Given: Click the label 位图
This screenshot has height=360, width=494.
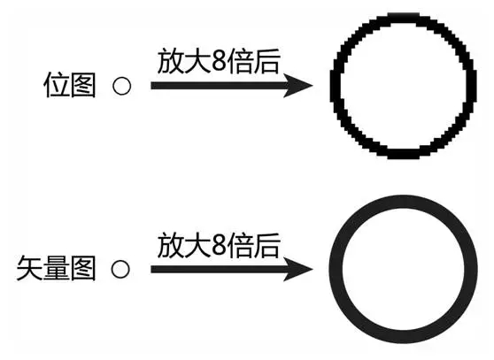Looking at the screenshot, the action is point(69,85).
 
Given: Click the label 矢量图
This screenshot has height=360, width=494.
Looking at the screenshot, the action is point(56,268).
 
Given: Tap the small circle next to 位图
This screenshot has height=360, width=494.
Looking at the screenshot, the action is point(121,86).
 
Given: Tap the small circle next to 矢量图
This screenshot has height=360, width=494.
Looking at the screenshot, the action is point(120,269).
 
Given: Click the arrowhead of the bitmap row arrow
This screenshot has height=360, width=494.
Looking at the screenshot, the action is point(297,85).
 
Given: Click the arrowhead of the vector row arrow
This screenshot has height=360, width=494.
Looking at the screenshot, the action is point(297,269).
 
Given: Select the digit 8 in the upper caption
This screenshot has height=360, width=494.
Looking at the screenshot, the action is point(219,61).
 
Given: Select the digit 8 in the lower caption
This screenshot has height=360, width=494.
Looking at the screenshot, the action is point(219,245).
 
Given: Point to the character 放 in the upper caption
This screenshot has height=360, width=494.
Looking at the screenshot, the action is point(170,61).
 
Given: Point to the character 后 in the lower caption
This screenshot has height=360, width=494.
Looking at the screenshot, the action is point(267,245).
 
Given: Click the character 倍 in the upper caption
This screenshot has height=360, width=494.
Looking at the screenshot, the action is point(240,61).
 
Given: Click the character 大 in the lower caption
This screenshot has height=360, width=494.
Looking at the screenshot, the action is point(197,245).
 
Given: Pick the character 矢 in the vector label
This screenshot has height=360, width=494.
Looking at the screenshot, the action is point(29,268).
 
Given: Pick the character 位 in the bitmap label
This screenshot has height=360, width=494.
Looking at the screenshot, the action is point(56,85).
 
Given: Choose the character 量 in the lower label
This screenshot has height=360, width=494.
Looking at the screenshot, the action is point(56,268).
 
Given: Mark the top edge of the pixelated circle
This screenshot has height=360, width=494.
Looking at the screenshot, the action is point(404,18).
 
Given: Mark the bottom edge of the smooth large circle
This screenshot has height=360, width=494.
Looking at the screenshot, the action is point(404,337).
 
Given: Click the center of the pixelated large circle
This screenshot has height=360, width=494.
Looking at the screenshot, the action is point(404,86).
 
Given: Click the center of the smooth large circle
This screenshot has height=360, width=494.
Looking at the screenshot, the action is point(404,270).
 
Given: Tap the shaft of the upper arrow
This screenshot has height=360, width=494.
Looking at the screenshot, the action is point(219,86).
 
